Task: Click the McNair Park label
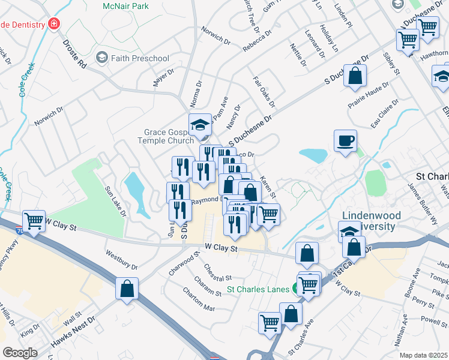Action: click(126, 6)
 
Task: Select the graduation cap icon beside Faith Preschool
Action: click(101, 58)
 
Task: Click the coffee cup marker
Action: click(345, 142)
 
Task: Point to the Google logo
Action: click(20, 352)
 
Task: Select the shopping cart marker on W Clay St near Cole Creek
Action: click(34, 221)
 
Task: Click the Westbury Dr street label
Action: click(122, 259)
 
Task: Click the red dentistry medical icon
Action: click(54, 25)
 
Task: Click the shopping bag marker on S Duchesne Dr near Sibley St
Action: click(355, 76)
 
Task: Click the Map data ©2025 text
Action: click(424, 355)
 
